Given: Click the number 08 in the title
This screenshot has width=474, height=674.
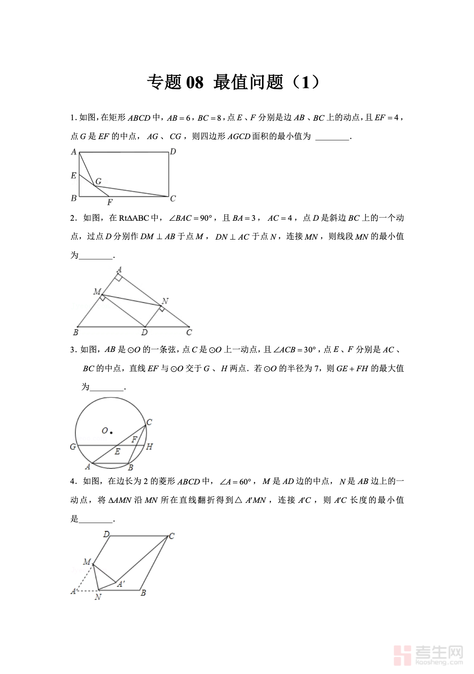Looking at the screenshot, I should tap(194, 82).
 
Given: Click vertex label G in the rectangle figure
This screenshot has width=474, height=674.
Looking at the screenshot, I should tap(99, 181).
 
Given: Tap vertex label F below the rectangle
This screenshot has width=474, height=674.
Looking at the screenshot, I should tap(110, 202).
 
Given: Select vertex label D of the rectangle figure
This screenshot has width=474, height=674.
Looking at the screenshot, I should tap(173, 152).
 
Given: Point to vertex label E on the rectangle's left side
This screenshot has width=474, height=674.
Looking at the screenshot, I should tap(73, 176).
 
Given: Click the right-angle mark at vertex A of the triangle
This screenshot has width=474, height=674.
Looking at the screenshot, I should tap(118, 277).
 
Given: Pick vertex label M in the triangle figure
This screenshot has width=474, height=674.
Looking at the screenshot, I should tap(97, 292).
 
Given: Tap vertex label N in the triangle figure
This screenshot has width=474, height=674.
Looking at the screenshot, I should tap(165, 301).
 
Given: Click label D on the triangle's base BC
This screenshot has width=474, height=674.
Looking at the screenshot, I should tap(144, 333).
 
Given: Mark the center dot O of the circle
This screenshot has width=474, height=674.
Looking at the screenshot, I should tap(111, 432).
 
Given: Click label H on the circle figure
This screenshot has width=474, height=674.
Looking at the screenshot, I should tap(149, 447).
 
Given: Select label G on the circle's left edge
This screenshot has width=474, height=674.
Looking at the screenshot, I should tap(73, 447).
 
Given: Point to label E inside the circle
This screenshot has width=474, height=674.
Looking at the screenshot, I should tap(117, 452).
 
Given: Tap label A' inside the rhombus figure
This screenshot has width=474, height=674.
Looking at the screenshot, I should tap(121, 584).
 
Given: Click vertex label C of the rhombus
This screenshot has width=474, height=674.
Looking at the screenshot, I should tap(172, 536).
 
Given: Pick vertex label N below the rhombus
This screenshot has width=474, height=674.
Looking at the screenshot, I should tap(97, 597).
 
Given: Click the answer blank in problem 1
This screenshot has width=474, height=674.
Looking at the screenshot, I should tap(332, 137).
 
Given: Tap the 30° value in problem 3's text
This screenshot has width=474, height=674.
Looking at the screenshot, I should tap(310, 350).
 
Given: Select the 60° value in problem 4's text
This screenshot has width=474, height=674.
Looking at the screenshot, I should tap(245, 482).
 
